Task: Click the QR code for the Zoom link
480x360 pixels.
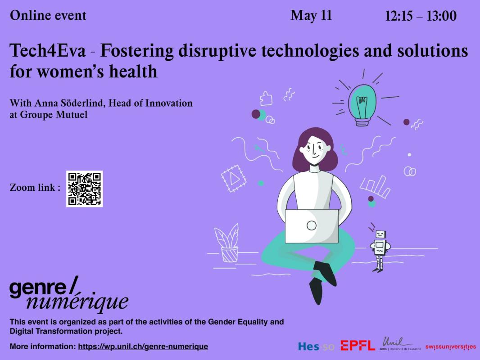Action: (85, 189)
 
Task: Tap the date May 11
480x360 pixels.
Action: (311, 16)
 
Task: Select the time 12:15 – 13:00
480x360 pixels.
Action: (421, 16)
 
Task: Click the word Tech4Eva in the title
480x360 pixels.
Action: (48, 51)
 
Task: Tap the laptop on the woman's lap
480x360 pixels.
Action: (312, 226)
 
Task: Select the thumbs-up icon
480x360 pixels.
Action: (266, 99)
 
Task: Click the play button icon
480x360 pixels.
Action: (234, 178)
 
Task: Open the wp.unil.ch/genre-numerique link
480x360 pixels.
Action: (143, 346)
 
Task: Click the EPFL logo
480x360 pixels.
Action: (358, 346)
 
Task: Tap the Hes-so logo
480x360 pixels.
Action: (316, 346)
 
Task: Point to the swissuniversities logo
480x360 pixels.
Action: (451, 347)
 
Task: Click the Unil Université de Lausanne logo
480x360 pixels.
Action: (400, 344)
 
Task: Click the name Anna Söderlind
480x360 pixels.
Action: (70, 103)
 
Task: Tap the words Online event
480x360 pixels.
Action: (48, 16)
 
